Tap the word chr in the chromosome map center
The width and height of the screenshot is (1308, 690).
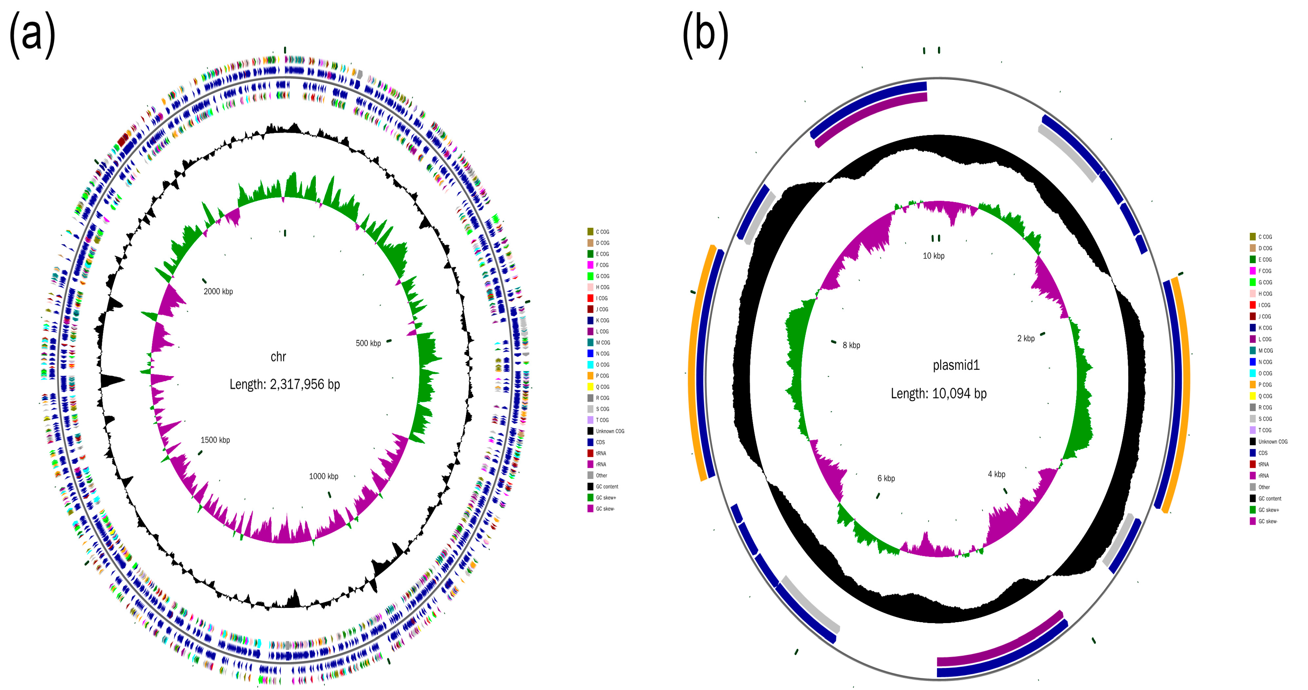pos(278,357)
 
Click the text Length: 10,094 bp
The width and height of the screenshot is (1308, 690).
pos(938,393)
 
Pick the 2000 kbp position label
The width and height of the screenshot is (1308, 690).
pos(218,291)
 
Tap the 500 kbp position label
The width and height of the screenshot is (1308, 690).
pos(368,343)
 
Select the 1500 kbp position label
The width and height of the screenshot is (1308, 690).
pos(215,440)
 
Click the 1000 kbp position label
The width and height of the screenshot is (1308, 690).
pos(323,476)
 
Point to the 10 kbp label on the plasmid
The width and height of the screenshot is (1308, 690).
pos(933,256)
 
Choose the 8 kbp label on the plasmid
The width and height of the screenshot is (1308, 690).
pos(851,345)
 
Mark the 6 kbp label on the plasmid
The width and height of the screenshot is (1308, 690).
pos(886,478)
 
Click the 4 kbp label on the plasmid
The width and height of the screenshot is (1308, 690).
pos(996,474)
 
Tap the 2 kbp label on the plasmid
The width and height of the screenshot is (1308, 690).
pos(1026,339)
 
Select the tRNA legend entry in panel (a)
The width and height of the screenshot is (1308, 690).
pos(601,453)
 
